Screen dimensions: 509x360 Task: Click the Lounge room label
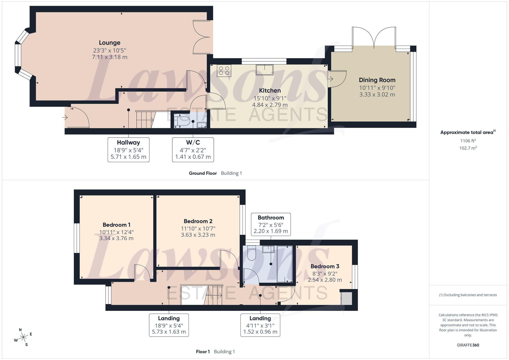(109, 43)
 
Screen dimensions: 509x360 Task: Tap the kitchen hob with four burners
(224, 70)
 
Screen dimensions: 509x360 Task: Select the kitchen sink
(264, 70)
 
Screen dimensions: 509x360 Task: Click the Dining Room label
(377, 80)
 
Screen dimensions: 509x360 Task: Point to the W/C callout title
(193, 142)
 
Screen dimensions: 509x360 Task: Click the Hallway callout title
(128, 142)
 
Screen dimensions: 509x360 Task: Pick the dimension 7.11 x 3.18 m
(110, 57)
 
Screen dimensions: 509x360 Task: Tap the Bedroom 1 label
(117, 225)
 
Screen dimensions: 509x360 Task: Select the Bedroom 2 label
(198, 221)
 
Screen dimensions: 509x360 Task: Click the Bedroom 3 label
(325, 266)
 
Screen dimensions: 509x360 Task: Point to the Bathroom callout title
(271, 218)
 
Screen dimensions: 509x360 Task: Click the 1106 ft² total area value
(468, 141)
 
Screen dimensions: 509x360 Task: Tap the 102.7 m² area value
(468, 148)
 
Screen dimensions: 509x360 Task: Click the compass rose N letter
(20, 330)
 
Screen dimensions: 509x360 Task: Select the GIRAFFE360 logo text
(468, 345)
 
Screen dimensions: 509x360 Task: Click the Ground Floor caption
(203, 173)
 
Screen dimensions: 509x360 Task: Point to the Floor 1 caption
(203, 352)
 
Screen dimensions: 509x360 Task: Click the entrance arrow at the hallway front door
(65, 118)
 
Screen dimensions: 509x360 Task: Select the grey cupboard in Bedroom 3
(347, 298)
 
